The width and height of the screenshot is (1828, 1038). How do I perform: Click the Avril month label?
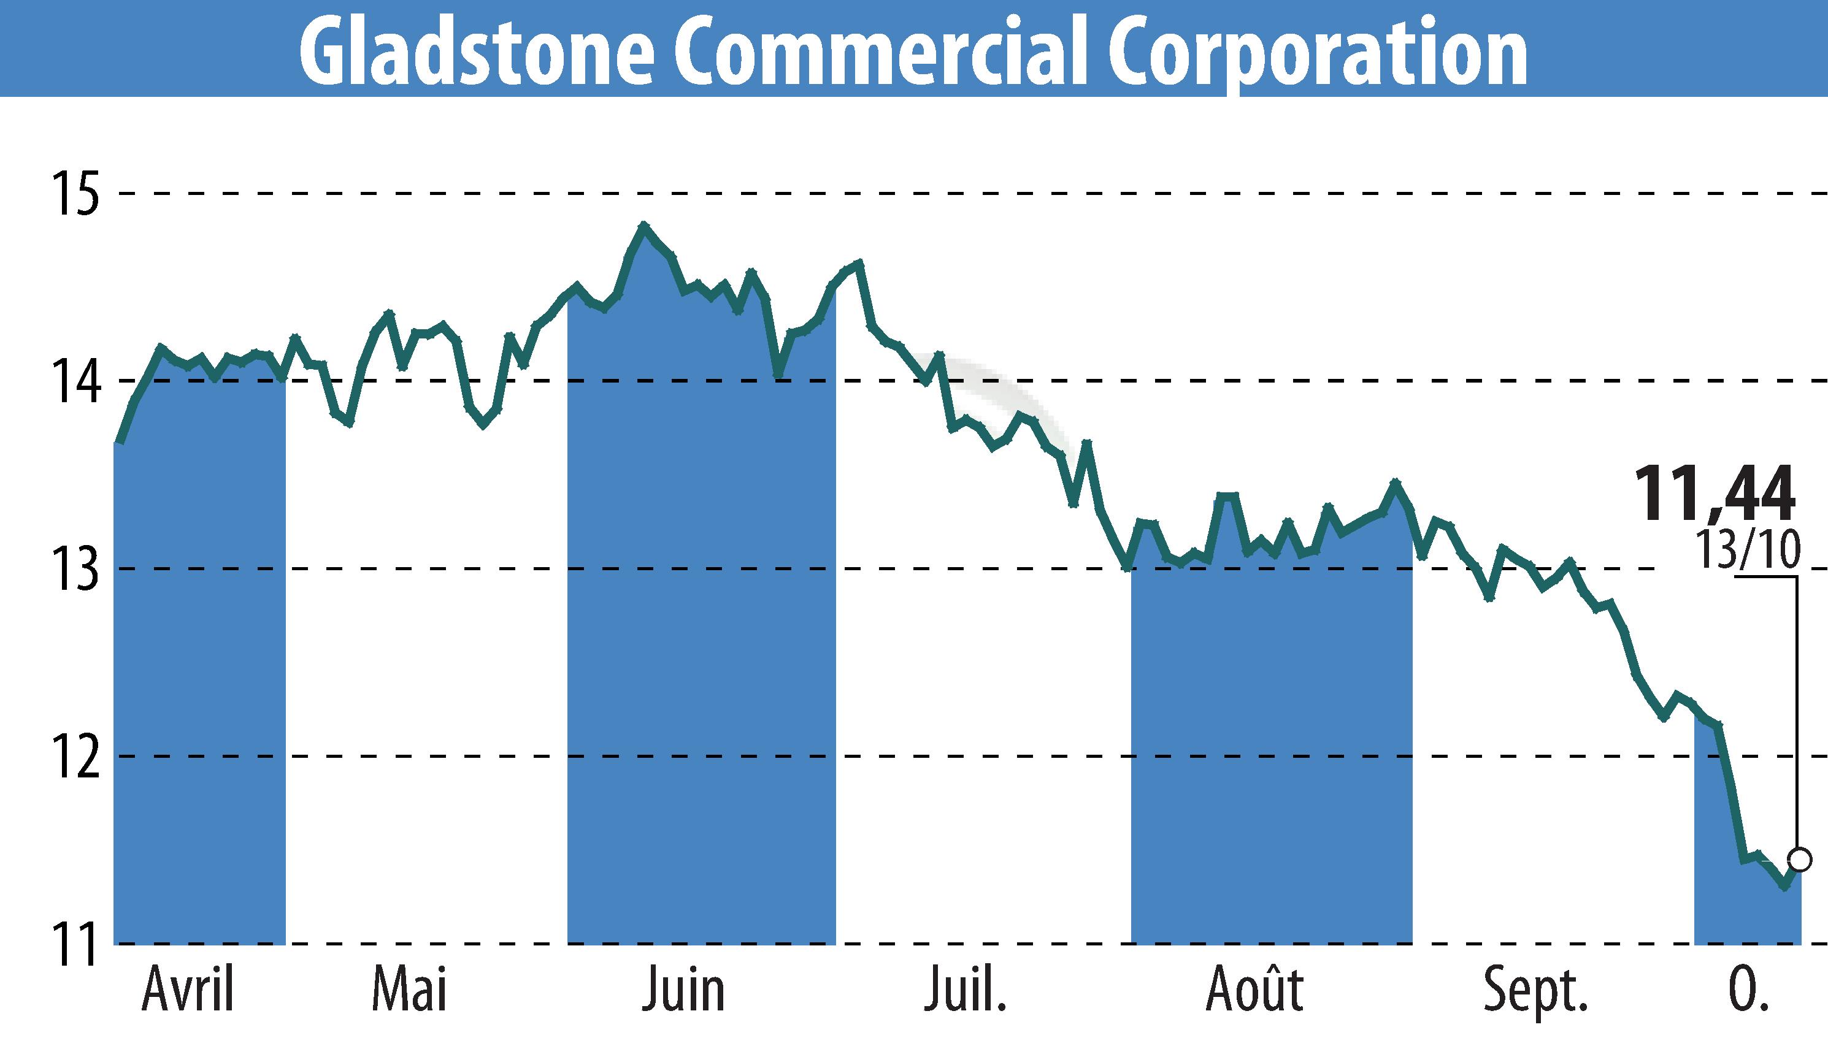click(188, 990)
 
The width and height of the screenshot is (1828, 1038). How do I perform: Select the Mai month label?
click(409, 990)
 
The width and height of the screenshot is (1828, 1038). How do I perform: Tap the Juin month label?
click(683, 990)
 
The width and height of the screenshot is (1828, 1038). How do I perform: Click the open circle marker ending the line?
click(1800, 860)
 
